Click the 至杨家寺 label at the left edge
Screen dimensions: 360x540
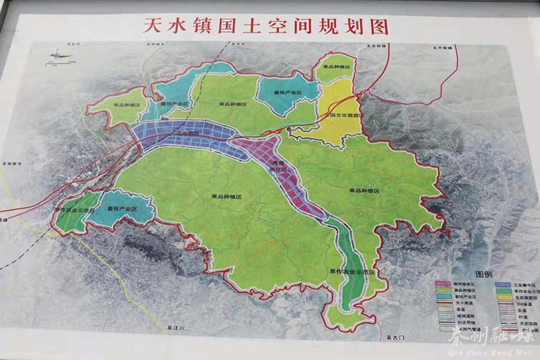tap(11, 163)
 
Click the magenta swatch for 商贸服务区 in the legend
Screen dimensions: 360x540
tap(443, 283)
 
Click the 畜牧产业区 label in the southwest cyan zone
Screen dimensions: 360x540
tap(122, 209)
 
